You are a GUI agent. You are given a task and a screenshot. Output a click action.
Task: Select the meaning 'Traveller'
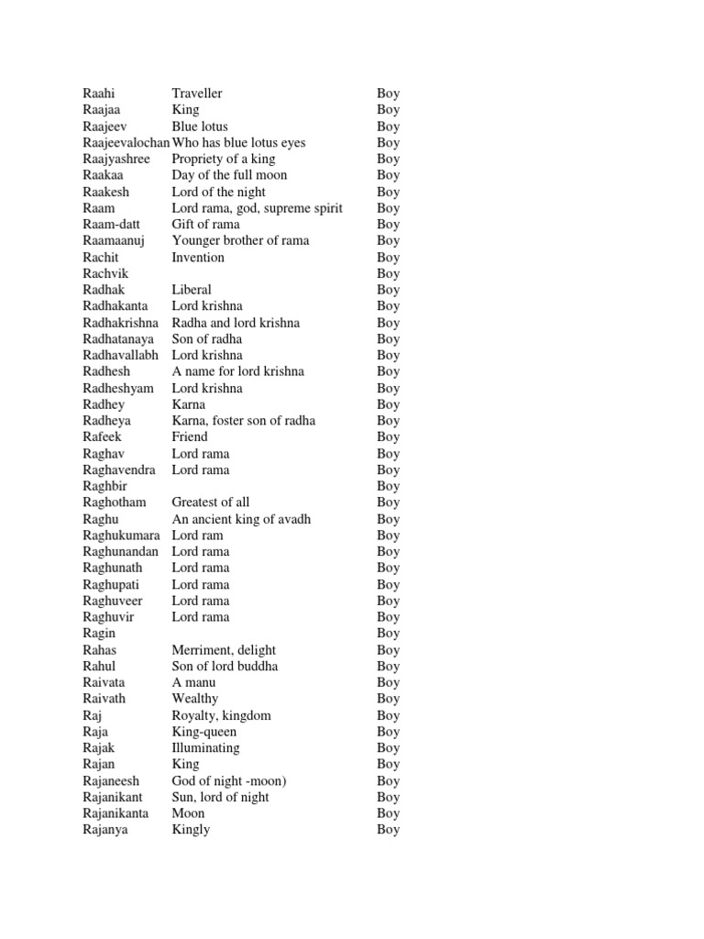click(197, 94)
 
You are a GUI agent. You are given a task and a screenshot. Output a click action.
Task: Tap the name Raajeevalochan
click(126, 143)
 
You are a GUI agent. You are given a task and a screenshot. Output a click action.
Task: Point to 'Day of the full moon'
click(229, 175)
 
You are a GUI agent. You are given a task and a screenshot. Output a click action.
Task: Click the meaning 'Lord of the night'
click(218, 192)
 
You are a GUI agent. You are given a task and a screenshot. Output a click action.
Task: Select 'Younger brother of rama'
click(240, 241)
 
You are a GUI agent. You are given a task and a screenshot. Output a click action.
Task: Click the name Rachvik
click(105, 273)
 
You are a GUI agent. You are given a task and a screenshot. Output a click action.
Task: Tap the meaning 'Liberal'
click(192, 290)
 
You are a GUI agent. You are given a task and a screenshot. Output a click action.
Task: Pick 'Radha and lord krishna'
click(236, 323)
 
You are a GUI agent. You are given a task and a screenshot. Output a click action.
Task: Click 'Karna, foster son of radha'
click(243, 421)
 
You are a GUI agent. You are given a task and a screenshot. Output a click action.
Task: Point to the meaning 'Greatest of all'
click(210, 503)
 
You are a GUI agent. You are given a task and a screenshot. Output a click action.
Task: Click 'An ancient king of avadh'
click(241, 519)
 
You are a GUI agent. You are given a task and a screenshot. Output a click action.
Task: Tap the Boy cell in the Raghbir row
click(389, 486)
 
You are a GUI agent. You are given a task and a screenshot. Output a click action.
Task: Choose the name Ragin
click(99, 634)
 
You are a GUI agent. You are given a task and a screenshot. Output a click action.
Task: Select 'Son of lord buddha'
click(225, 666)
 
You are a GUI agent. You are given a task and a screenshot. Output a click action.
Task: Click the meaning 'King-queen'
click(203, 732)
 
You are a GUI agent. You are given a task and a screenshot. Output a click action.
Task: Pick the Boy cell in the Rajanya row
click(389, 830)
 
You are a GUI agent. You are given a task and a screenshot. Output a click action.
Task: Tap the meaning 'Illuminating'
click(205, 748)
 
